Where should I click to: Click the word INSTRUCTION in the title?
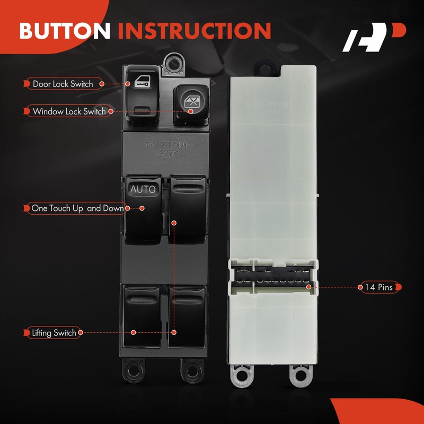(x=195, y=31)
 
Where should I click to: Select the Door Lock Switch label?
(x=63, y=84)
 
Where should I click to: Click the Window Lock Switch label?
(x=69, y=112)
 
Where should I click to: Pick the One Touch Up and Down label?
(x=78, y=208)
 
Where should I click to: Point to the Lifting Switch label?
(x=54, y=333)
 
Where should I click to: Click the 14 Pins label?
(x=378, y=287)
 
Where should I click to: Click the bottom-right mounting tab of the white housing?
(x=299, y=374)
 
